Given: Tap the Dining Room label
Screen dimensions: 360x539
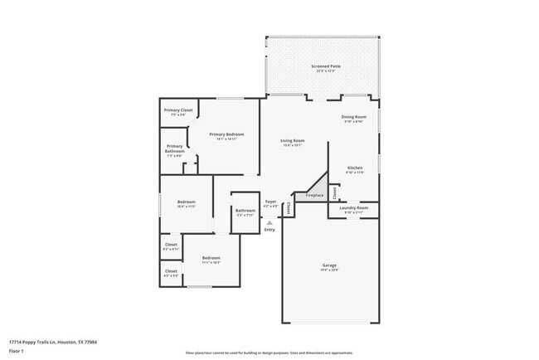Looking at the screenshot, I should click(x=353, y=117).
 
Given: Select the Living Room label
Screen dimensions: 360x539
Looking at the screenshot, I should click(x=293, y=141).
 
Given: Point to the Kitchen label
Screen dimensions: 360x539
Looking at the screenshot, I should click(x=354, y=167).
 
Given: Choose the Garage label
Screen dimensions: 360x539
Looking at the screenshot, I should click(x=329, y=265).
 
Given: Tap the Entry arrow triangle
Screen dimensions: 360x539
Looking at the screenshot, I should click(x=269, y=222).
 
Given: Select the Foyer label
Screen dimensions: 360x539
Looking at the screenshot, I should click(x=270, y=202).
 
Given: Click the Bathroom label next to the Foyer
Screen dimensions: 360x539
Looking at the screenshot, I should click(x=245, y=211).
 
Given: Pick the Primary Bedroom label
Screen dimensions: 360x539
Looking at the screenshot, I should click(x=226, y=134).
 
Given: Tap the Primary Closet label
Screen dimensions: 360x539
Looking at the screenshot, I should click(x=178, y=110).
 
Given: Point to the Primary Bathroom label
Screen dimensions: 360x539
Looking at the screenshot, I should click(x=174, y=148).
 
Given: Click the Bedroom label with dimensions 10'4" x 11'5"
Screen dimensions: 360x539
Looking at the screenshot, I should click(x=186, y=202).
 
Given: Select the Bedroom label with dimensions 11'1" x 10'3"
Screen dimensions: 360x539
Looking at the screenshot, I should click(x=211, y=258).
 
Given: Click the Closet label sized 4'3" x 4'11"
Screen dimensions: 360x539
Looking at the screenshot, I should click(x=171, y=246).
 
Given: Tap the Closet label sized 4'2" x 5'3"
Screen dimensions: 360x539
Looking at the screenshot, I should click(x=171, y=271).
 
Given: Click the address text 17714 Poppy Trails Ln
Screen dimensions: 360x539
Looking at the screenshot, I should click(x=59, y=342).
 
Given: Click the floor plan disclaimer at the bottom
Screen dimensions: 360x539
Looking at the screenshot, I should click(x=269, y=352).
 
